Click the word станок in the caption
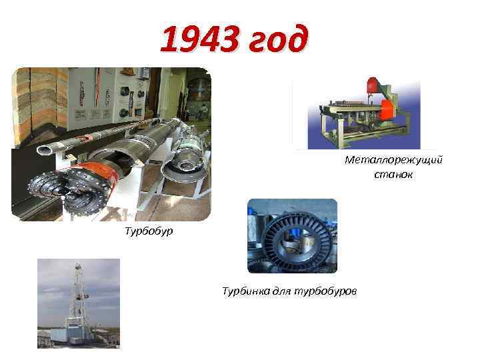(x=393, y=175)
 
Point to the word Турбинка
(x=244, y=291)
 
